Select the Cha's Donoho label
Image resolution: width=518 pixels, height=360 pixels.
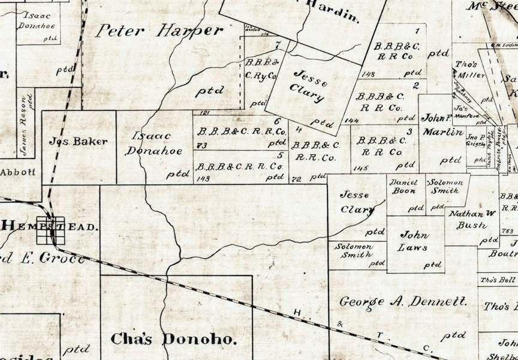pyautogui.click(x=174, y=339)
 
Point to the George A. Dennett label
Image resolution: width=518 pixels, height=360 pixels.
pyautogui.click(x=403, y=302)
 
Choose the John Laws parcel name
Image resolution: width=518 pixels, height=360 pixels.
pyautogui.click(x=414, y=241)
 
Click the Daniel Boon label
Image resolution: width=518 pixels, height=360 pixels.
pyautogui.click(x=403, y=186)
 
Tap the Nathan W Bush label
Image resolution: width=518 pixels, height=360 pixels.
pyautogui.click(x=471, y=219)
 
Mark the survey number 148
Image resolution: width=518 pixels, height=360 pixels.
pyautogui.click(x=369, y=74)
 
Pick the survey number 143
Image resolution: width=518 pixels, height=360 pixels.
pyautogui.click(x=202, y=178)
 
